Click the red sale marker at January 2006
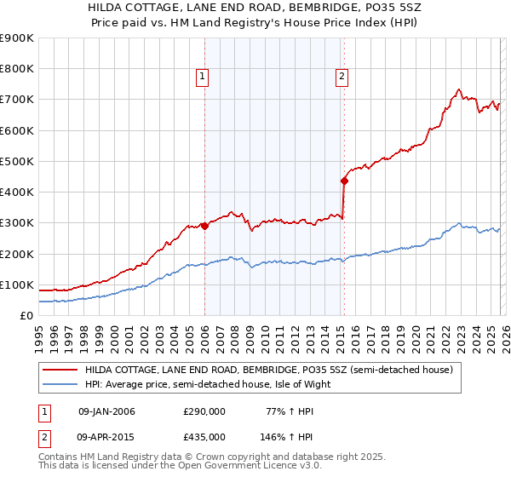pos(204,226)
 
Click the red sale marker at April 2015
pos(344,181)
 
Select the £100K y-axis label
pos(17,284)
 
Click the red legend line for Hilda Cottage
pos(60,371)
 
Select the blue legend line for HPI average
pos(60,384)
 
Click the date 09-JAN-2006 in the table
pos(106,411)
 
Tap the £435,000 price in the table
pos(204,437)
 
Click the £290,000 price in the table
pos(204,411)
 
